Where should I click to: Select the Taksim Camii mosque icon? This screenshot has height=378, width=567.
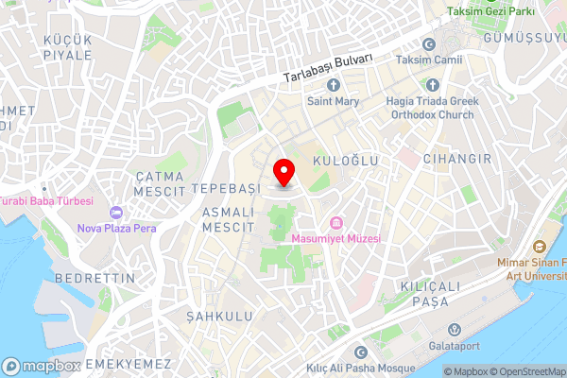point(429,44)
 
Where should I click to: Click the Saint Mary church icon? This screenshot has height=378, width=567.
point(333,85)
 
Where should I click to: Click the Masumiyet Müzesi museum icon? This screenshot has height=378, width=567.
point(336,223)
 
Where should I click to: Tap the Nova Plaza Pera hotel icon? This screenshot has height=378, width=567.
point(117,211)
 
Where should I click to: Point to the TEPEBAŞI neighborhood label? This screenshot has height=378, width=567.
point(224,189)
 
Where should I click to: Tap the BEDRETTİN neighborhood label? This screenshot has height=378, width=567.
point(95,279)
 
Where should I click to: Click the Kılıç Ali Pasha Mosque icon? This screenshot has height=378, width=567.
point(360,351)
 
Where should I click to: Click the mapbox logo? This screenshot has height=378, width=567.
point(42,366)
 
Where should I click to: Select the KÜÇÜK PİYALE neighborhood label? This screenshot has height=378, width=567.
point(67,47)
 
